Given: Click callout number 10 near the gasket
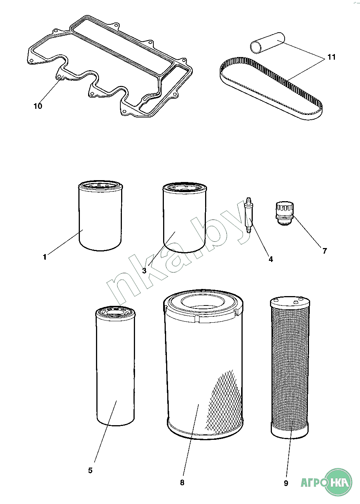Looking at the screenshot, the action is pyautogui.click(x=38, y=106).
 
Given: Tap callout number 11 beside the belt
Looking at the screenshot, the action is pyautogui.click(x=331, y=57).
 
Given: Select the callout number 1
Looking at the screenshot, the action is pyautogui.click(x=45, y=257).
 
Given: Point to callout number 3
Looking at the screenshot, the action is pyautogui.click(x=144, y=271).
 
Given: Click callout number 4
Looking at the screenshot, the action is pyautogui.click(x=271, y=259).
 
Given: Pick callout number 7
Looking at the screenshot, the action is pyautogui.click(x=324, y=251).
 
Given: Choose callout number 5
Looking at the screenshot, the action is pyautogui.click(x=90, y=471).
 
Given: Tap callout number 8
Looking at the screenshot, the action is pyautogui.click(x=182, y=483).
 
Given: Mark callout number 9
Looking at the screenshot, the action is pyautogui.click(x=286, y=483).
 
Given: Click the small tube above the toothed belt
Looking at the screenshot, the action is pyautogui.click(x=268, y=43).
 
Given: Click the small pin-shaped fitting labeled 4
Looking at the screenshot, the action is pyautogui.click(x=248, y=215).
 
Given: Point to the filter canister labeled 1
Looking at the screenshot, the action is pyautogui.click(x=100, y=215).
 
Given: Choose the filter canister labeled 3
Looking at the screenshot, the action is pyautogui.click(x=184, y=218).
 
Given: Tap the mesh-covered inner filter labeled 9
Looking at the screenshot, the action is pyautogui.click(x=289, y=367).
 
